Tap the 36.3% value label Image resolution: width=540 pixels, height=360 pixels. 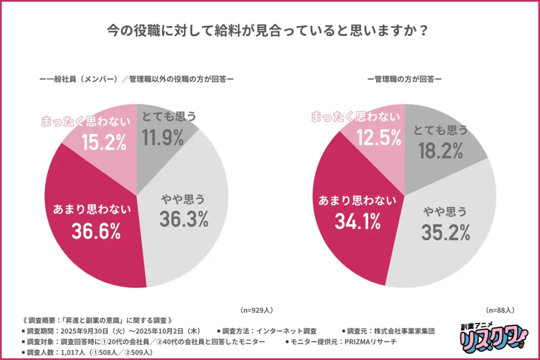(182, 220)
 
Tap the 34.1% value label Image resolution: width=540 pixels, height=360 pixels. (358, 221)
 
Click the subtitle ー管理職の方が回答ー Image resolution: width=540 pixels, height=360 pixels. (404, 80)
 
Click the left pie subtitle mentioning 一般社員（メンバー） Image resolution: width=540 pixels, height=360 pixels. (137, 80)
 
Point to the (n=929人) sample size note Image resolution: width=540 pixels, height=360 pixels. (257, 310)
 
